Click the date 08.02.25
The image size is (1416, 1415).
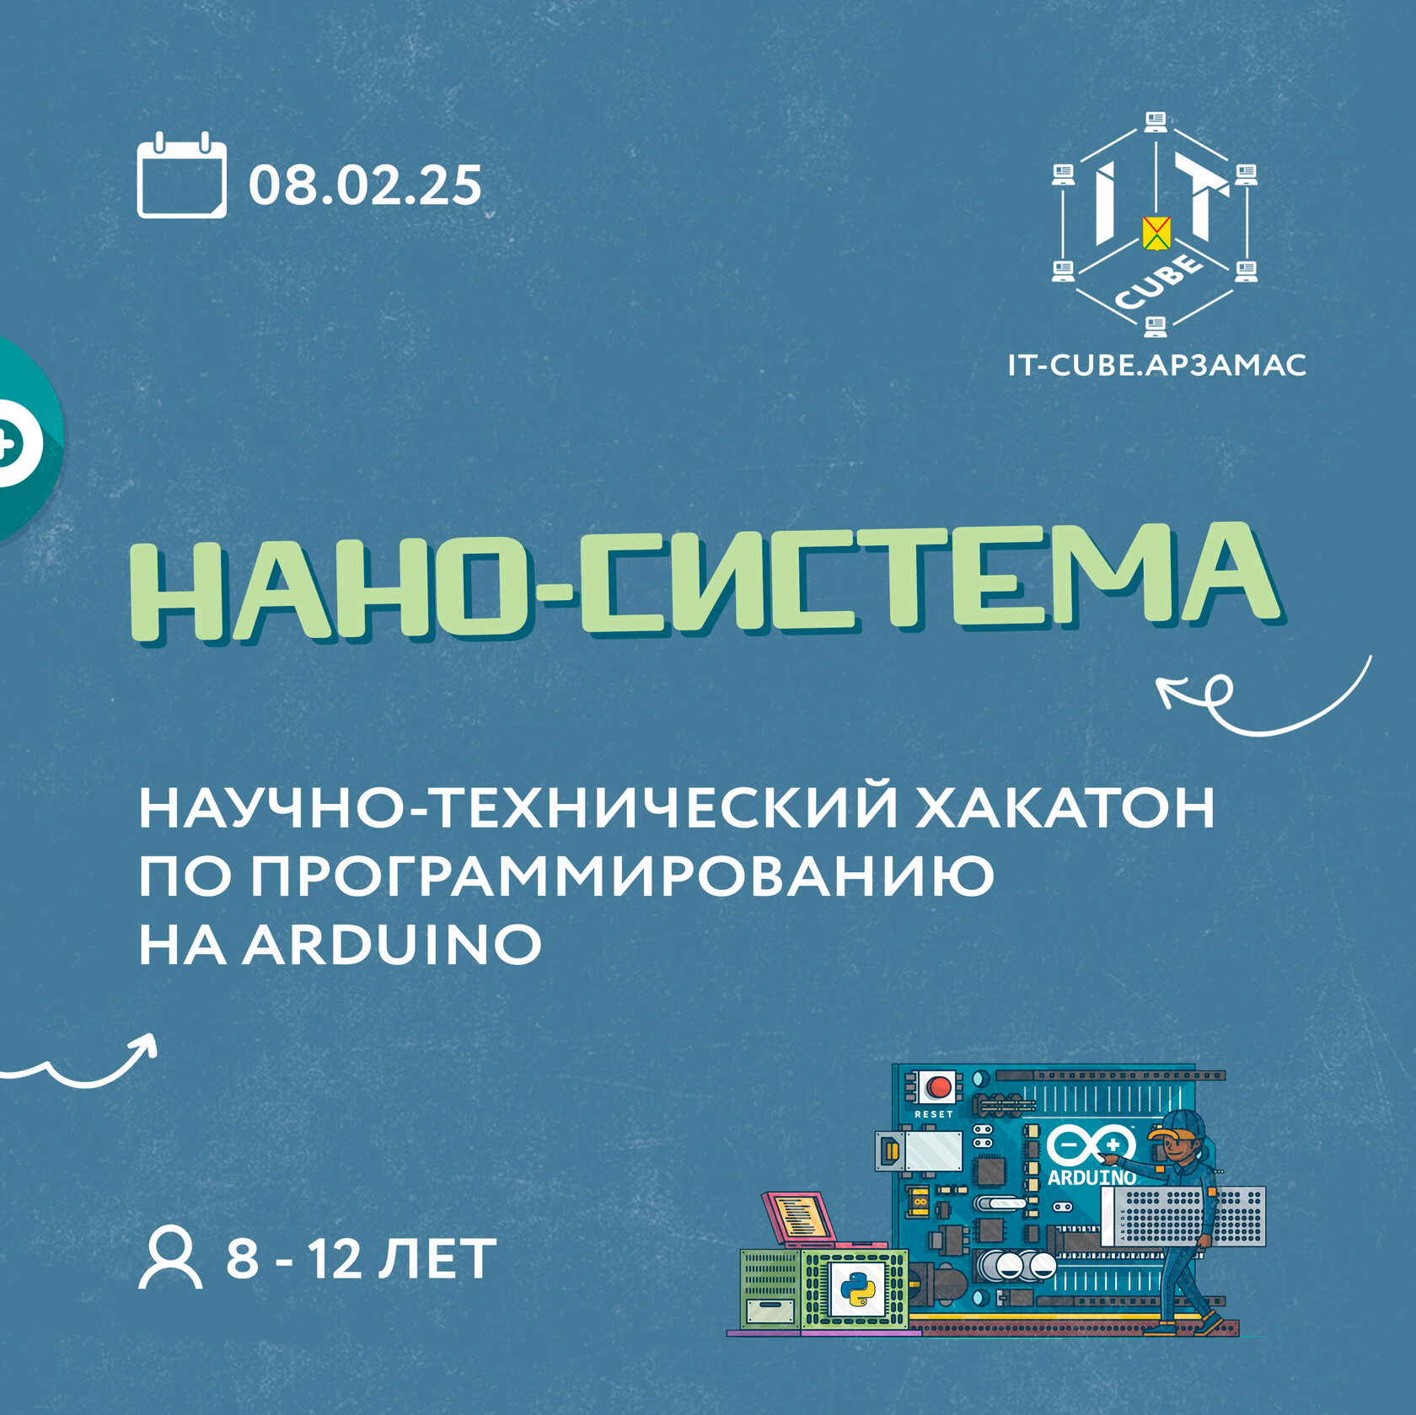365,185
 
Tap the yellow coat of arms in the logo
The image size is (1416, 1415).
1156,233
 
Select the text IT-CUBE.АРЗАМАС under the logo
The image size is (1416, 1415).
1156,365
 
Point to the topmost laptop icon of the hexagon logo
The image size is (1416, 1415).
1156,121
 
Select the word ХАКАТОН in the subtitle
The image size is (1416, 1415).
1065,808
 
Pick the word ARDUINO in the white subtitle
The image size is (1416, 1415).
392,945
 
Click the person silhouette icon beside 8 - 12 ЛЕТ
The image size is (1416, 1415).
170,1258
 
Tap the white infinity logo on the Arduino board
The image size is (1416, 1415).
1091,1144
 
